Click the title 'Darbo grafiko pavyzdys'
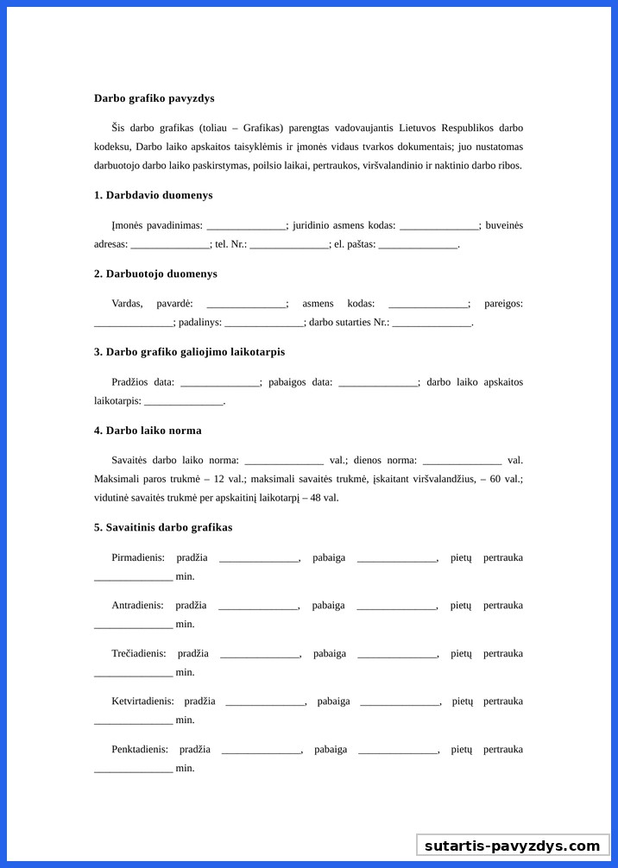click(x=154, y=98)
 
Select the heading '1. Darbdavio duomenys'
click(x=153, y=195)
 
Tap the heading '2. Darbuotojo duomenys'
click(x=155, y=274)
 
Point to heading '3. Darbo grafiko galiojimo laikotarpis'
click(x=189, y=352)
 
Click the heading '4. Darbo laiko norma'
click(x=148, y=431)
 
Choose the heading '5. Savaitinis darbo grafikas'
click(x=163, y=527)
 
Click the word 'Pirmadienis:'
click(x=138, y=557)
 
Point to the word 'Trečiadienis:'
click(x=139, y=654)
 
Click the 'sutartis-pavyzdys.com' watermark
click(x=512, y=846)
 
